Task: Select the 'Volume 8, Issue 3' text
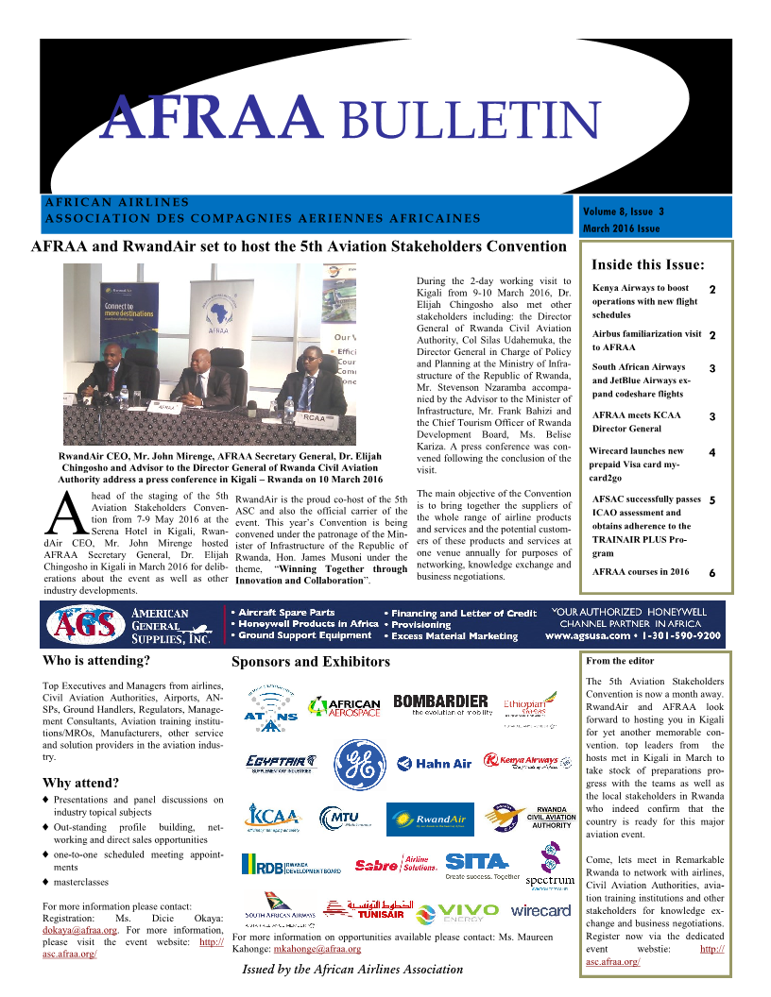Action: pos(624,211)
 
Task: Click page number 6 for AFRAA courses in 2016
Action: pos(711,573)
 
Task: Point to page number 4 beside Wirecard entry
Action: pos(711,453)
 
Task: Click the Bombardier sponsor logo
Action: pos(441,705)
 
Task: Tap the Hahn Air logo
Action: pos(434,763)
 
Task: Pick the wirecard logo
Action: pos(540,911)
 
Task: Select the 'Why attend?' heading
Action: pos(81,783)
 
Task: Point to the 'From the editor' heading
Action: pos(620,661)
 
